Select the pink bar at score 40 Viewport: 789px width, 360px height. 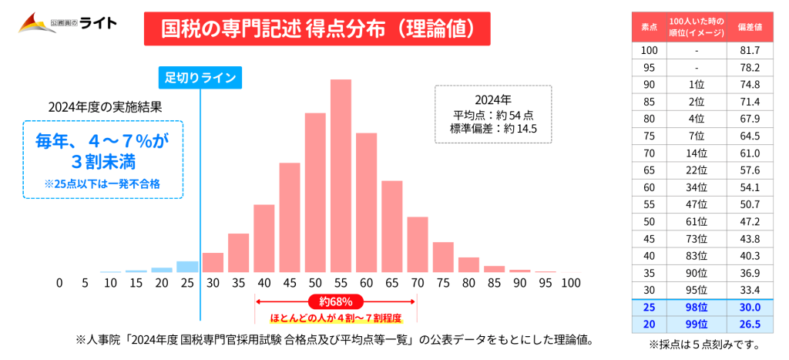click(264, 238)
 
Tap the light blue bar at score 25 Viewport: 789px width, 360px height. click(187, 267)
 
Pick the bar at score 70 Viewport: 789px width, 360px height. click(417, 244)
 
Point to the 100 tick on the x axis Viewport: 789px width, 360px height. click(570, 283)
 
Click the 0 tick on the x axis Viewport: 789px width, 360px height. click(59, 283)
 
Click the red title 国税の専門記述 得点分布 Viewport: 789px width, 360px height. click(317, 29)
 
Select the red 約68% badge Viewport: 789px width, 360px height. click(335, 301)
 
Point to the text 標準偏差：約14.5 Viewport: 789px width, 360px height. click(492, 129)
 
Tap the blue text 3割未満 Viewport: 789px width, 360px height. click(102, 163)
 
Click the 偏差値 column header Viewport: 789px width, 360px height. click(750, 26)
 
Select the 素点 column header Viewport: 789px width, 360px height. click(650, 26)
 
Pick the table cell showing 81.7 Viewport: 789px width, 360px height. click(750, 50)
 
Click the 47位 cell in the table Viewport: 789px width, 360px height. click(697, 204)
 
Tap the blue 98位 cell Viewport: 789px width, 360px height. click(697, 306)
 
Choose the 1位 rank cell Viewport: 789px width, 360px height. click(697, 84)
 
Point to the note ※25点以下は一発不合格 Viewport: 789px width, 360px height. click(102, 184)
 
